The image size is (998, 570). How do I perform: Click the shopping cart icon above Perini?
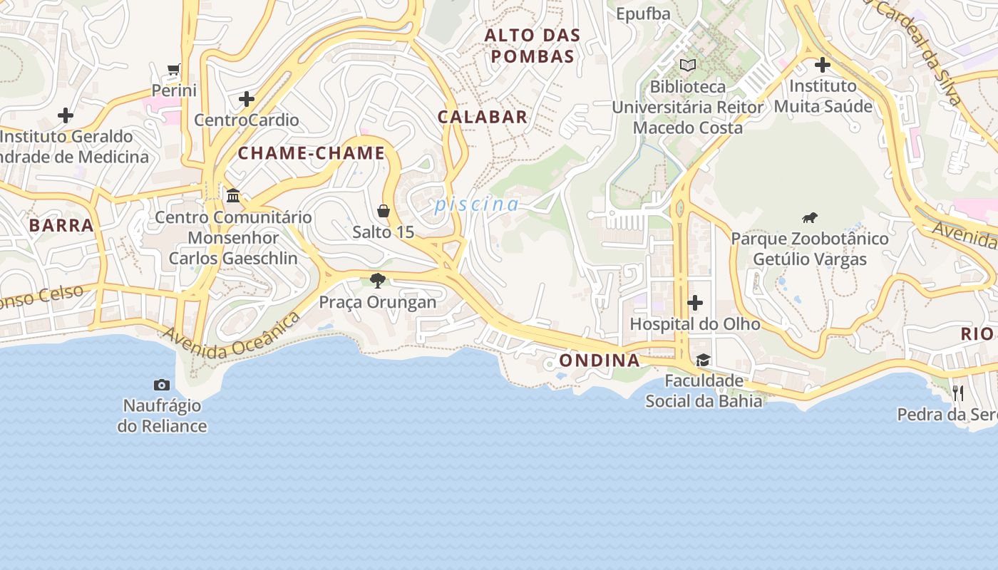coord(173,69)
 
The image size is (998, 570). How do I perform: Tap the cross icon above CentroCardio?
coord(247,99)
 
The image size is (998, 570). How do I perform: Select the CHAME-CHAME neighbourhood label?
coord(311,153)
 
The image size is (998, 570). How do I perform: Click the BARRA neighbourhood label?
coord(61,226)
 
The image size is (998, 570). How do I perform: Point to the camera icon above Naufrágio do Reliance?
coord(162,385)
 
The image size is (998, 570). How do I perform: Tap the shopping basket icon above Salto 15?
coord(384,211)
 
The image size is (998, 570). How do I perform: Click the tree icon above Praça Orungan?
coord(378,281)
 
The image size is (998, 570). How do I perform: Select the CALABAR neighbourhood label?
coord(483,118)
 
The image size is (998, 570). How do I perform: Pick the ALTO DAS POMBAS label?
coord(532,46)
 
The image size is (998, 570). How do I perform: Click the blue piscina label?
coord(477,204)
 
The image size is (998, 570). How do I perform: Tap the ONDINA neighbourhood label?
coord(599,361)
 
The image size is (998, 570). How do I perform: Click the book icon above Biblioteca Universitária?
coord(687,66)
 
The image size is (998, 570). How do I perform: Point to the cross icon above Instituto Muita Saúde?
coord(823,65)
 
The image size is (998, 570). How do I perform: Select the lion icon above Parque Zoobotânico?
coord(809,218)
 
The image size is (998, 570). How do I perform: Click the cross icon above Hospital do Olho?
coord(695,304)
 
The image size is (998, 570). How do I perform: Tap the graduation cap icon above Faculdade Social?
coord(703,360)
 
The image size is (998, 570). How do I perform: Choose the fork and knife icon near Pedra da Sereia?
coord(958,393)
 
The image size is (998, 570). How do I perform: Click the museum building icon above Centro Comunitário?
coord(233,195)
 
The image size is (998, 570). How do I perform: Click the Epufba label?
coord(643,14)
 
